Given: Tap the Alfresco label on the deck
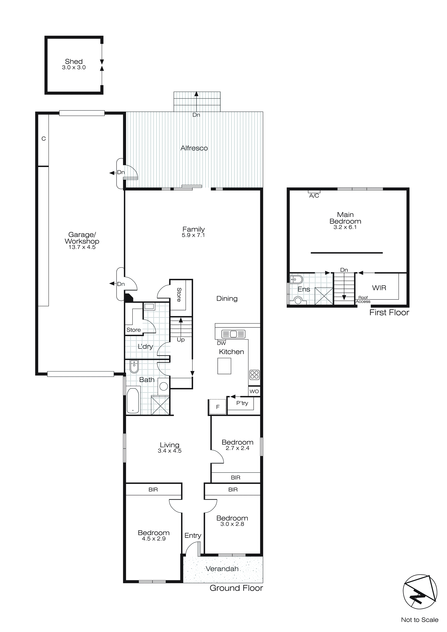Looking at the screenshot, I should pyautogui.click(x=194, y=148).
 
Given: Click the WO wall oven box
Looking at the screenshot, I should pyautogui.click(x=254, y=391).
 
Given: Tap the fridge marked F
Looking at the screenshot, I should pyautogui.click(x=218, y=407).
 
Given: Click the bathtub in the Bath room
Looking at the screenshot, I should pyautogui.click(x=133, y=401).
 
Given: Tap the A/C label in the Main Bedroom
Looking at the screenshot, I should pyautogui.click(x=314, y=196).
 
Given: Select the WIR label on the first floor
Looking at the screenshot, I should pyautogui.click(x=379, y=288).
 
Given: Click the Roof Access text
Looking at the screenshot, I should pyautogui.click(x=363, y=299).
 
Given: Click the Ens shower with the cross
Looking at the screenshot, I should pyautogui.click(x=324, y=296).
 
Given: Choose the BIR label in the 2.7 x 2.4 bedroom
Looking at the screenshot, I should pyautogui.click(x=236, y=478).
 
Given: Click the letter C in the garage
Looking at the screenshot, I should pyautogui.click(x=43, y=139).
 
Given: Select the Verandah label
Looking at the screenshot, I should pyautogui.click(x=222, y=569).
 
